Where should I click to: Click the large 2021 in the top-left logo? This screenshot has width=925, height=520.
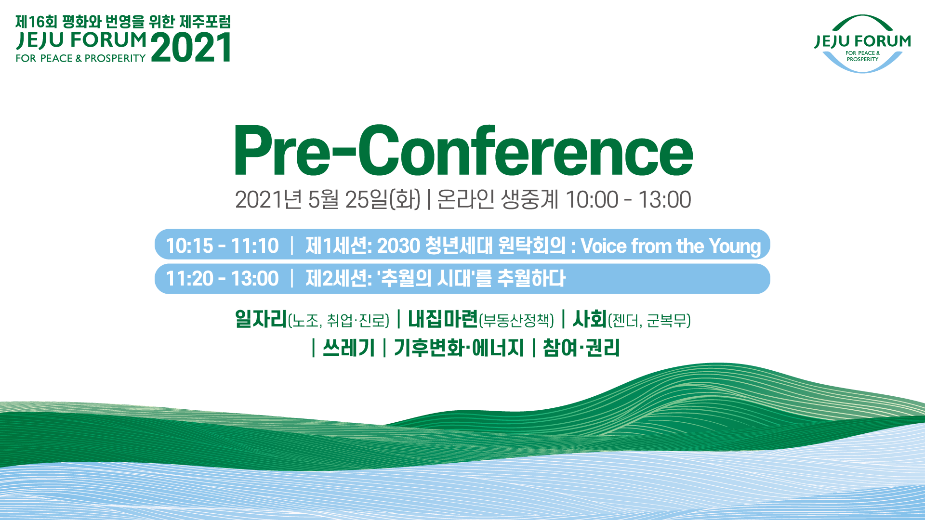point(191,47)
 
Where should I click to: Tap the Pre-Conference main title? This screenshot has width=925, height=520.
point(463,151)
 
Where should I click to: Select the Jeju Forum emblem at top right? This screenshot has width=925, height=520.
point(862,44)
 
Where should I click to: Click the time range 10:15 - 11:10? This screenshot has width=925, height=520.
point(222,246)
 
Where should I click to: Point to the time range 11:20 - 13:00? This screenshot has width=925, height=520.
point(222,278)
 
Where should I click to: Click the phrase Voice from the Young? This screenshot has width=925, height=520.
point(671,246)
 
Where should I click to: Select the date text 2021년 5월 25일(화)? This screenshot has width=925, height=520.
point(328,199)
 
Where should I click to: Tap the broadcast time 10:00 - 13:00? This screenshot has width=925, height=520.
point(628,199)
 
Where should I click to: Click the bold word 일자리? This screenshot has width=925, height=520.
point(261,319)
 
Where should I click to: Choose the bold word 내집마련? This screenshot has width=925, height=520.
point(443,319)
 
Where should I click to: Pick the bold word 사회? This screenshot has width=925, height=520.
point(590,319)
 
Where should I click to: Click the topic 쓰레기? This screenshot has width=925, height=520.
point(349,347)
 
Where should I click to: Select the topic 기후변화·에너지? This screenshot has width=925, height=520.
point(459,347)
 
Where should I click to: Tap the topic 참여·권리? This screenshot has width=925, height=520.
point(581,347)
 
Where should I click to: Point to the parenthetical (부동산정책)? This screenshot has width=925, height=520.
point(516,320)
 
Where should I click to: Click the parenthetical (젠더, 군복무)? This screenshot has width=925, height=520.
point(649,320)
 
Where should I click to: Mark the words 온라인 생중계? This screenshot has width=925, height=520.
point(497,199)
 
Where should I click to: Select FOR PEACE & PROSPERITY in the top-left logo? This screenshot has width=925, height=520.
point(80,58)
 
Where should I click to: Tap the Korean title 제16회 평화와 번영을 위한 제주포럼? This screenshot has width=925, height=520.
point(123,22)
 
